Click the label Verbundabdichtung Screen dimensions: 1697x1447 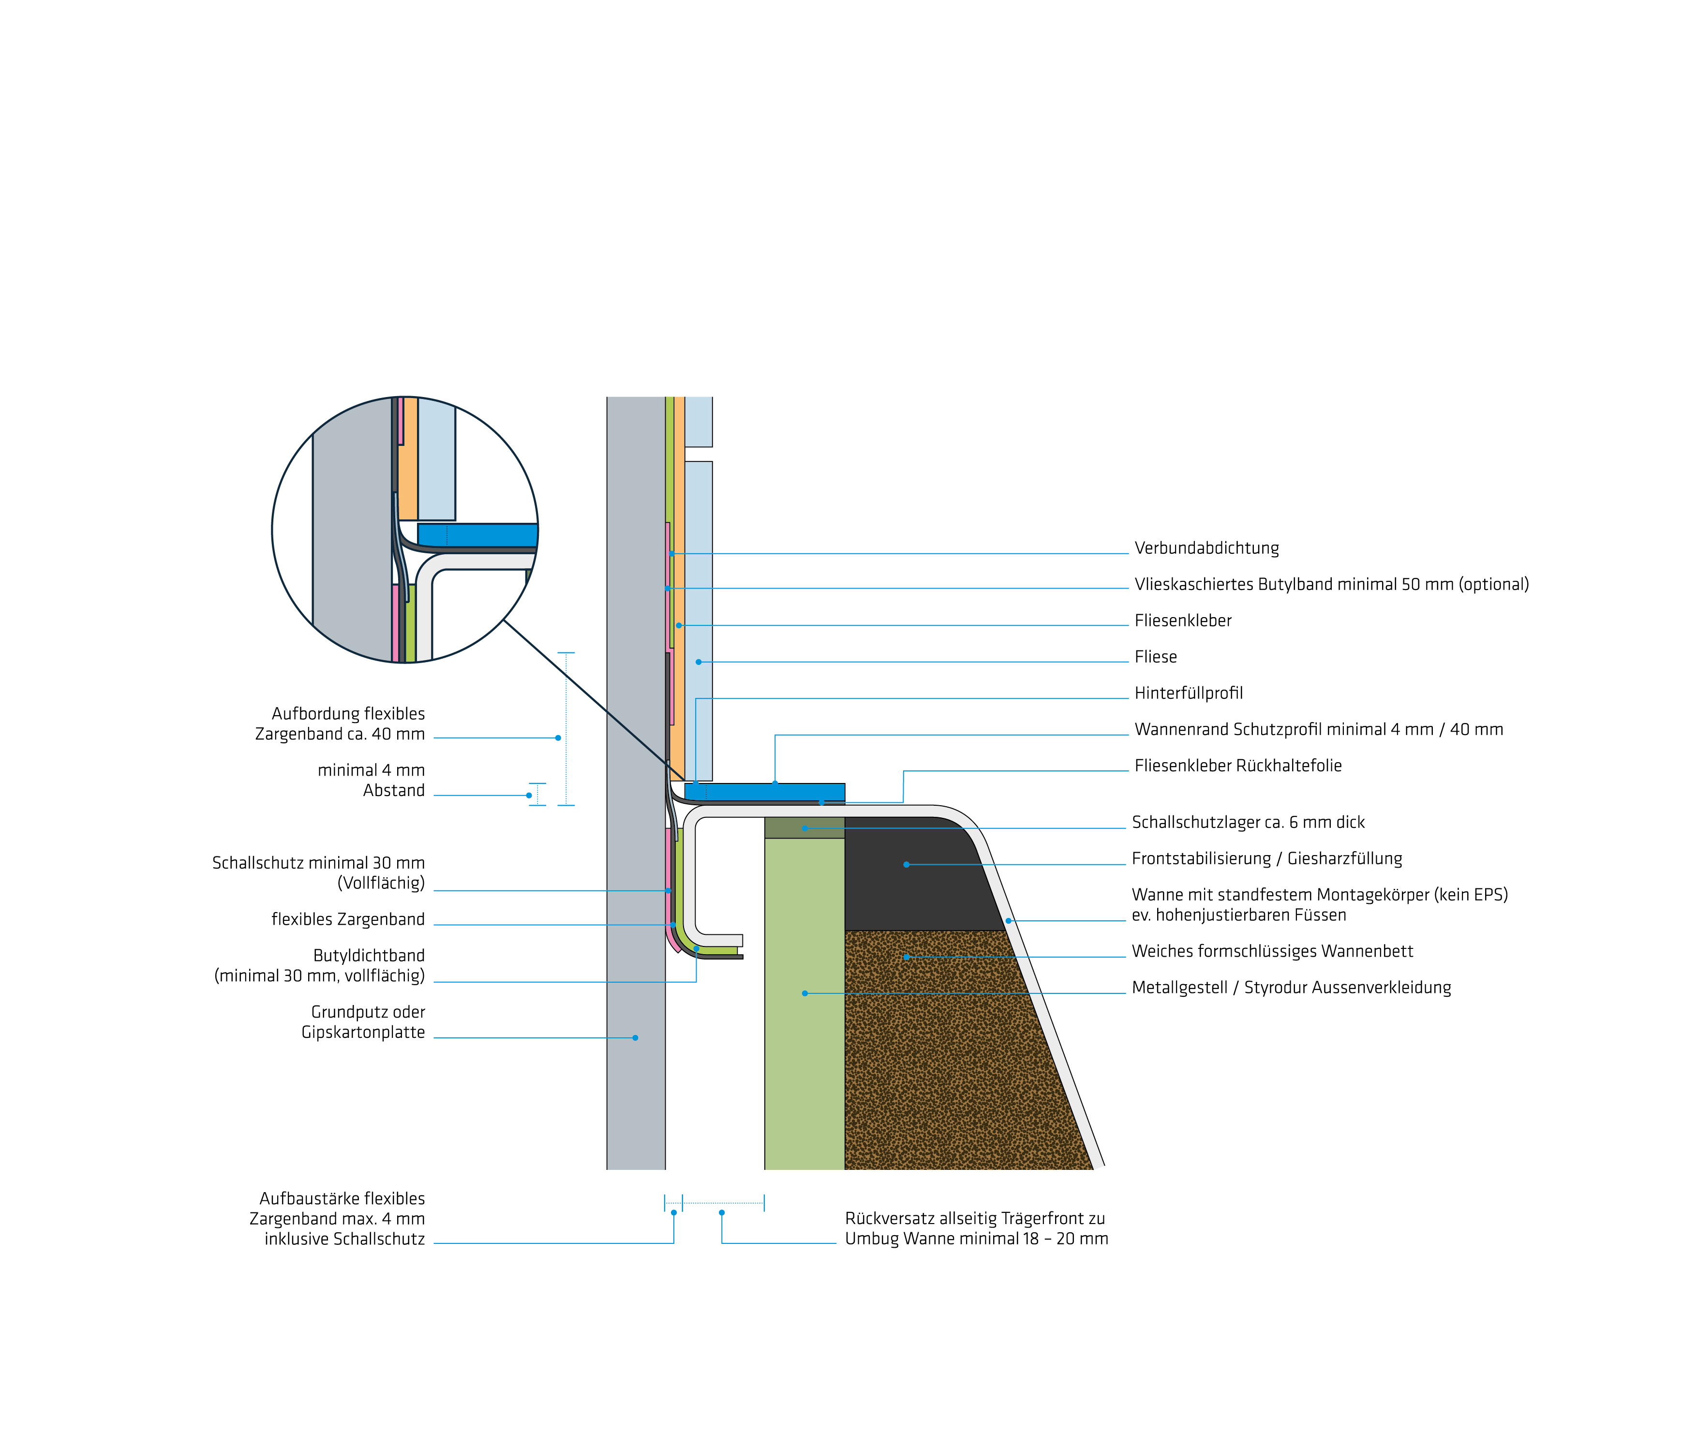coord(1206,548)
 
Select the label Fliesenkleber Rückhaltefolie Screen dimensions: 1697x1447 coord(1237,766)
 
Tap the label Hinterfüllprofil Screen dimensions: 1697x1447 coord(1189,694)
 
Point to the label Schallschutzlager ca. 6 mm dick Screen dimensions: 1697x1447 coord(1248,822)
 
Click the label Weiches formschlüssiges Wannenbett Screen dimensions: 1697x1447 coord(1272,952)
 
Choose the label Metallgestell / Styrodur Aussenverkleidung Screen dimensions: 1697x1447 coord(1291,988)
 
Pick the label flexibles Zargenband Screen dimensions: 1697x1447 coord(348,920)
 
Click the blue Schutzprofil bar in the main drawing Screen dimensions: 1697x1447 coord(764,792)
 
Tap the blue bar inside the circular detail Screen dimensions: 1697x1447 coord(477,535)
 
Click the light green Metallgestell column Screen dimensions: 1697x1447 coord(804,1003)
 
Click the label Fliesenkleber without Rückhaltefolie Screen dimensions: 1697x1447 coord(1183,620)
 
